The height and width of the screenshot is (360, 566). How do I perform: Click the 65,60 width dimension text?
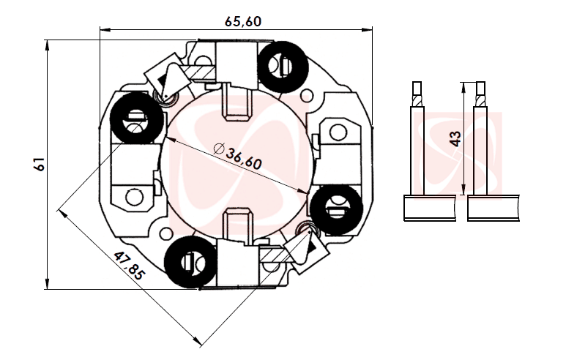click(242, 21)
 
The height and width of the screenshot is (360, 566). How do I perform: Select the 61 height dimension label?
click(40, 164)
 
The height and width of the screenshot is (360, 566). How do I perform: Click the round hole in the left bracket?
click(135, 196)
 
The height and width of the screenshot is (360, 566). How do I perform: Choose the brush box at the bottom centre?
click(237, 264)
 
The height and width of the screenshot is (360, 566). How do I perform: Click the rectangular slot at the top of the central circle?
click(237, 102)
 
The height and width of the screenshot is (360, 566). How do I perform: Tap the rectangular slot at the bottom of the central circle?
click(237, 223)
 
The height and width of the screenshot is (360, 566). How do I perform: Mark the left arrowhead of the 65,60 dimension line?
click(103, 30)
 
